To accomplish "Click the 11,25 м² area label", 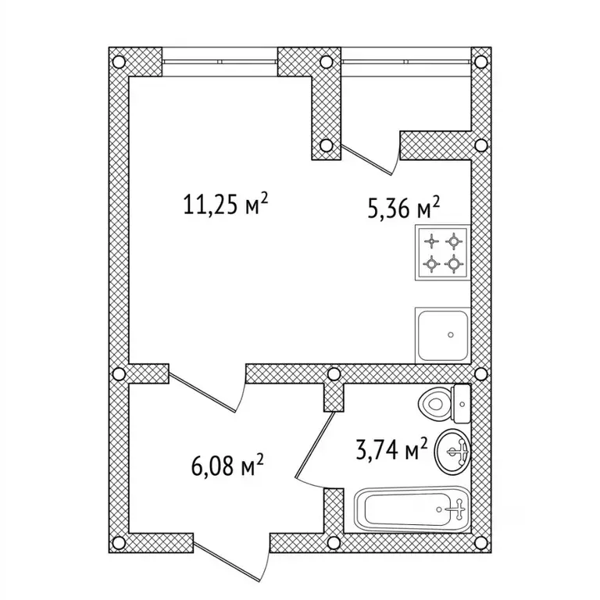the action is tap(225, 205).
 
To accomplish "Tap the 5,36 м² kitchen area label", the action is tap(404, 208).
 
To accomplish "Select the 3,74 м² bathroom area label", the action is tap(391, 449).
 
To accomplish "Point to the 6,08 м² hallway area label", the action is tap(227, 466).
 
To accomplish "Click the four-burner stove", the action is tap(443, 252).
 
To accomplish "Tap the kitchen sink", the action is tap(443, 335).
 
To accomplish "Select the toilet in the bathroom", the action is tap(445, 404).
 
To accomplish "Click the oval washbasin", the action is tap(452, 452).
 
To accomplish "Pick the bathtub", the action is tap(412, 509).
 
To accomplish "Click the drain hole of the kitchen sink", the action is tap(451, 335).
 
